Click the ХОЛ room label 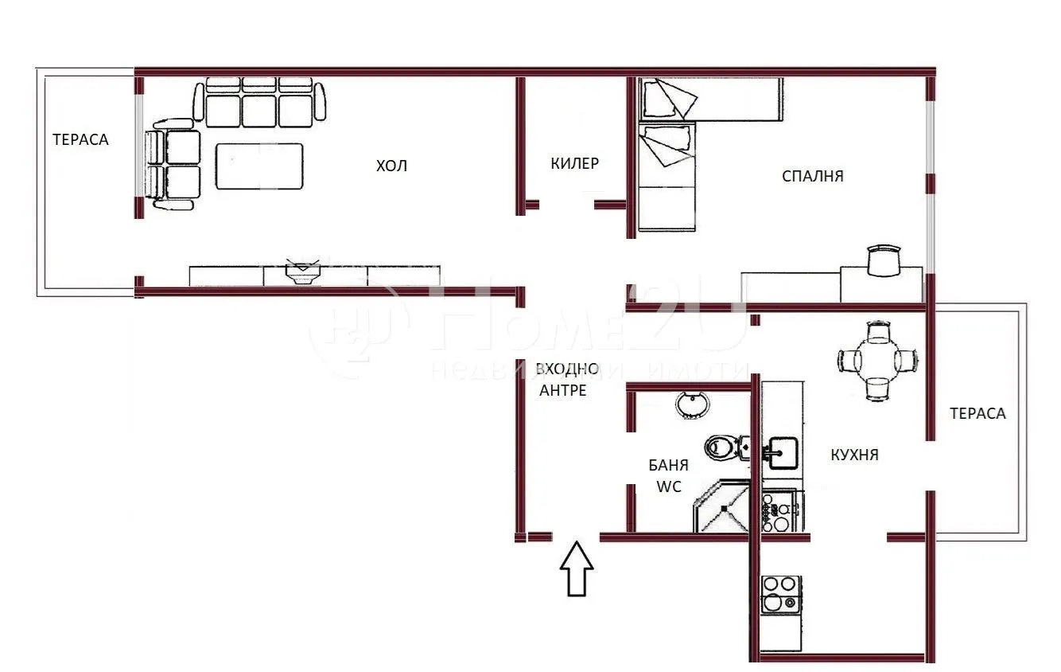click(x=391, y=166)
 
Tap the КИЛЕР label click(x=574, y=163)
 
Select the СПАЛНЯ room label click(x=812, y=176)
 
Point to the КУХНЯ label click(x=854, y=455)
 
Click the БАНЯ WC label click(x=668, y=475)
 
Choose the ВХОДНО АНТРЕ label click(x=566, y=379)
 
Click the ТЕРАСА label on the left click(x=80, y=139)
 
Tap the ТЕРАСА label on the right click(x=977, y=413)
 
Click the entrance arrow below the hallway click(x=577, y=568)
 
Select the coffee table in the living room click(x=259, y=166)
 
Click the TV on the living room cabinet click(x=303, y=271)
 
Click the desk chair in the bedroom click(x=884, y=260)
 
